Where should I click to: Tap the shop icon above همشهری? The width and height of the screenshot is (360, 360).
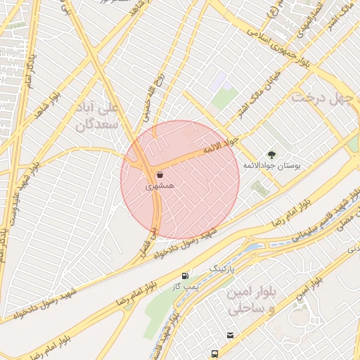[160, 174]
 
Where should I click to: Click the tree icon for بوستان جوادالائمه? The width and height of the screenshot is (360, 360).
[271, 154]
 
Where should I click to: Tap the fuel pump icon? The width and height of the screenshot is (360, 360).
[185, 276]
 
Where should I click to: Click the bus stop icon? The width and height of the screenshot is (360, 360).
[213, 354]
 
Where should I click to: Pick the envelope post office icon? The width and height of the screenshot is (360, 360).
[230, 335]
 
